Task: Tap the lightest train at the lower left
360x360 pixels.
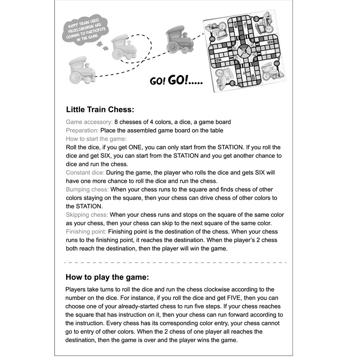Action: (x=82, y=71)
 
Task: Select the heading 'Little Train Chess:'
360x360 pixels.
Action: (x=100, y=109)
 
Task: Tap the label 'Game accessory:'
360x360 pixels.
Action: (x=89, y=122)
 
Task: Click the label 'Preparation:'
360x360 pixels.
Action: (x=82, y=130)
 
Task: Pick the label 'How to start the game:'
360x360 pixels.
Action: (x=96, y=139)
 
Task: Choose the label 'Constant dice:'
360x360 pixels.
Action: (x=85, y=173)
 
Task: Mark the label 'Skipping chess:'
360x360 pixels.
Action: (x=87, y=215)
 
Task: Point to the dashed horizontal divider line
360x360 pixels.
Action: (x=175, y=262)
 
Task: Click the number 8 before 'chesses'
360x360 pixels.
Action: (x=116, y=122)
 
